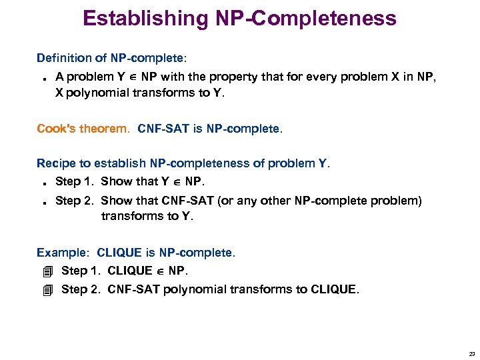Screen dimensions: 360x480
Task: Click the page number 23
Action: (471, 353)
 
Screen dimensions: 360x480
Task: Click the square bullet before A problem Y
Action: (41, 77)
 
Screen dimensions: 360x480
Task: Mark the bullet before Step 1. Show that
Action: (41, 183)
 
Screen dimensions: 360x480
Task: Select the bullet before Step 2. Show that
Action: (41, 202)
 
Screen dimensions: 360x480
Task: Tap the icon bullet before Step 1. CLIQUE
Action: (45, 271)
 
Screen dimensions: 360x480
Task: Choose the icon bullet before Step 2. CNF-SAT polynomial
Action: (45, 289)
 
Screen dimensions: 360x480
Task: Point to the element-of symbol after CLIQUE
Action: (161, 271)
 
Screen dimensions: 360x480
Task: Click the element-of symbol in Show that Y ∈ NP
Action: (177, 182)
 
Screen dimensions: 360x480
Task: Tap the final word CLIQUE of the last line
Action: (334, 289)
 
